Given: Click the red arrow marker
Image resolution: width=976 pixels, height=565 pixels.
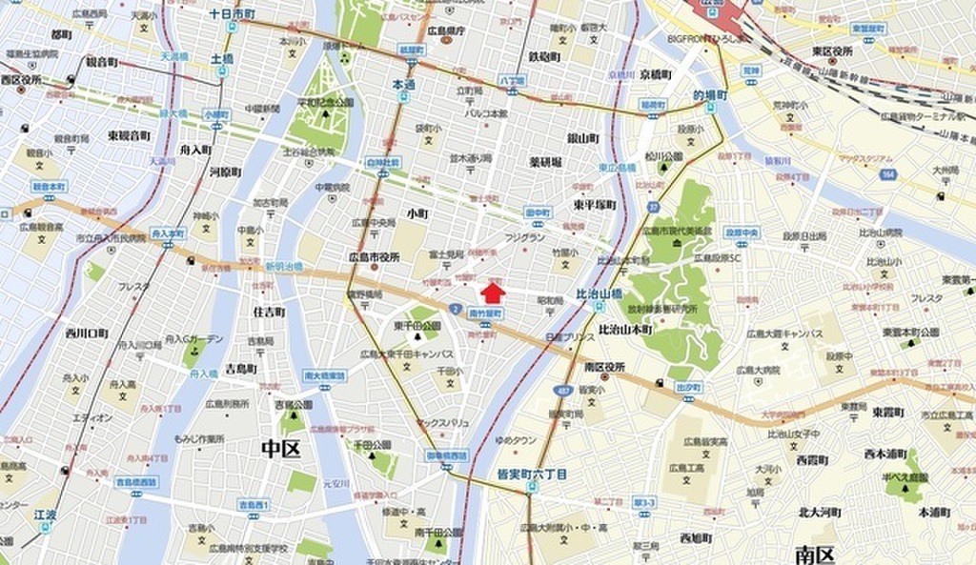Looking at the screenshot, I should tap(493, 292).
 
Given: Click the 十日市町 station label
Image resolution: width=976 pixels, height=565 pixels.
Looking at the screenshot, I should tap(232, 16).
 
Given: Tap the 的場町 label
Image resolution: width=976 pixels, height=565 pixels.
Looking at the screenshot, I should tap(709, 96).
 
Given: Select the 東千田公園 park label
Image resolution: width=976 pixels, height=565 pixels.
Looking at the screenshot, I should tap(417, 326).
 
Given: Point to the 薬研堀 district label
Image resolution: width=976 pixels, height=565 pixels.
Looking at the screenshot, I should tap(545, 162).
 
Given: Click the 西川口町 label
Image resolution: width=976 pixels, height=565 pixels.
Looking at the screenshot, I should tap(86, 333).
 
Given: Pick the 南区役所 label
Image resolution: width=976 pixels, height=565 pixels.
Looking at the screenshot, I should tap(603, 367).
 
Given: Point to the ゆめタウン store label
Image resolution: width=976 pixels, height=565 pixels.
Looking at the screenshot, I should tap(516, 440).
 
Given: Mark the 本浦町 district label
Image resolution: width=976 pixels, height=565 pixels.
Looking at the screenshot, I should tap(937, 512).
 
